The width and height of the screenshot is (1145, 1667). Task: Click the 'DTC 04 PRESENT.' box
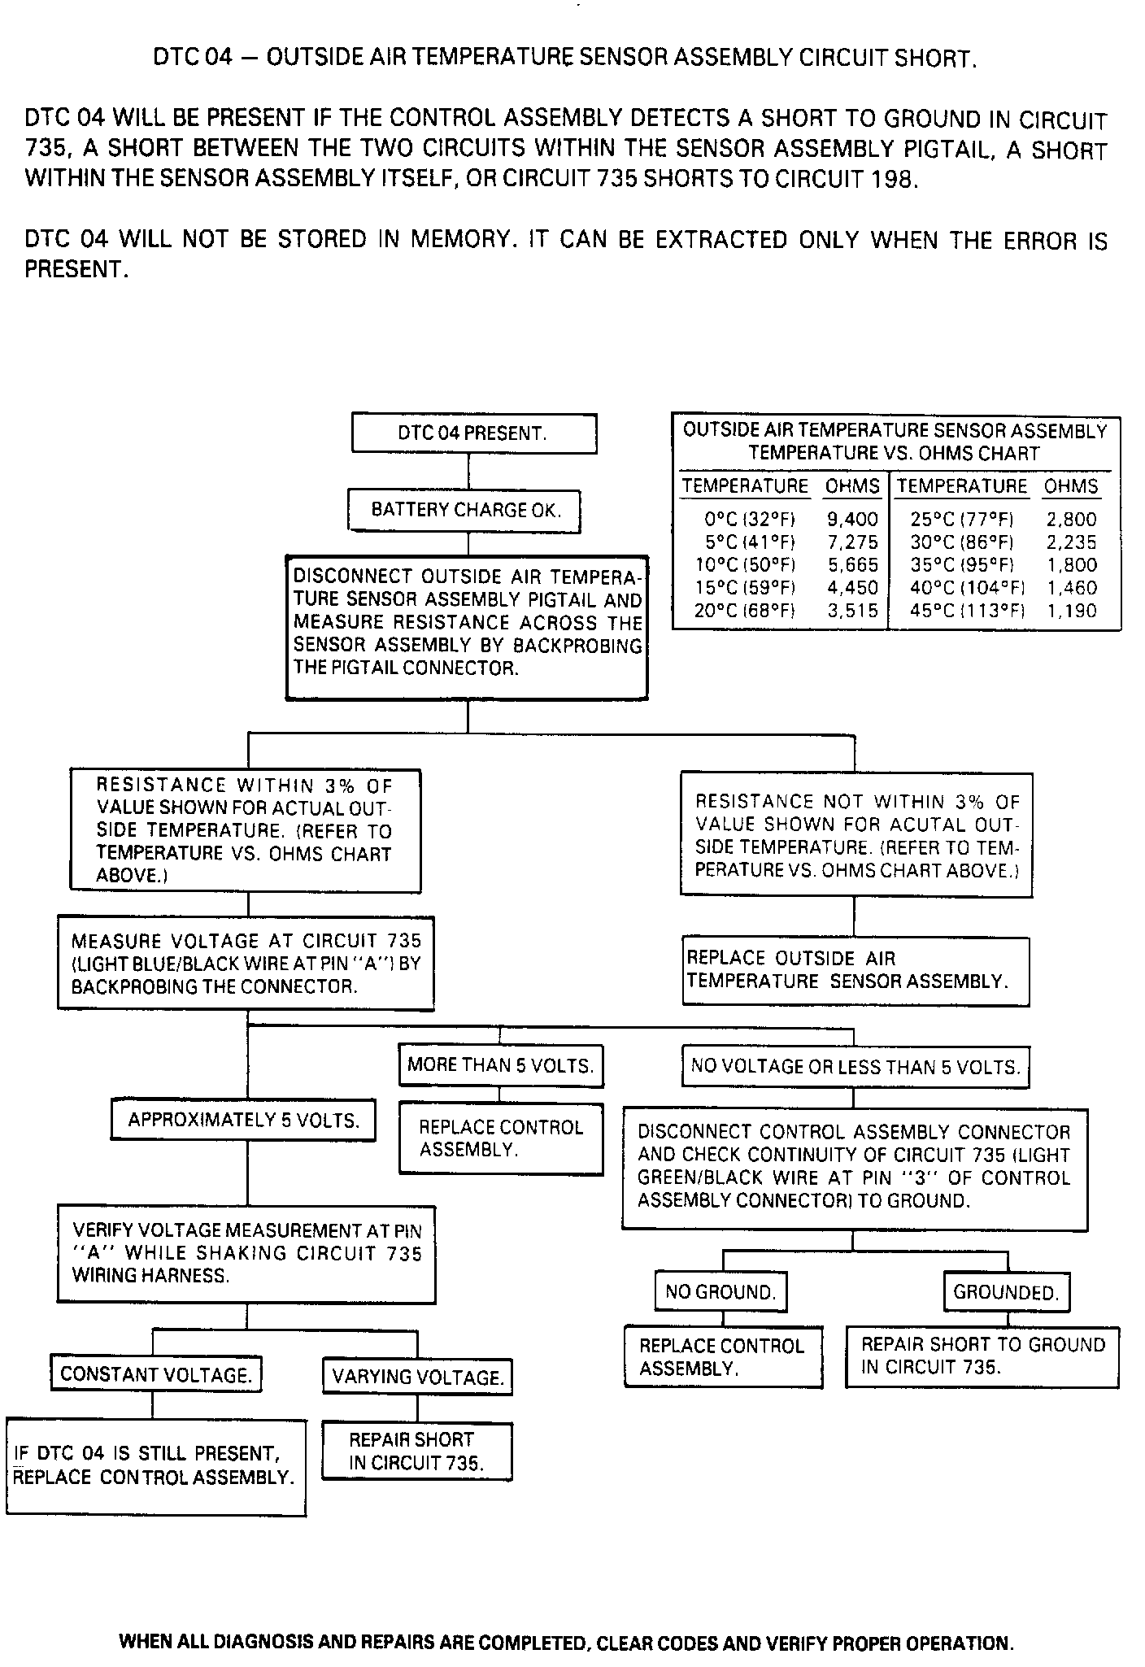473,433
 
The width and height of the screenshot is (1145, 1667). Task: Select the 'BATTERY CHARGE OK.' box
464,510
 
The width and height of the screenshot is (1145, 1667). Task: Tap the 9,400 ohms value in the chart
852,519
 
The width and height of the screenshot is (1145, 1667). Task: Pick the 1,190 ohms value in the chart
1072,611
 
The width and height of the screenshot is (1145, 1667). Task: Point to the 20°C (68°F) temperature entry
744,611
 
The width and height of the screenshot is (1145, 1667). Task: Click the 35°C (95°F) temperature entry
962,565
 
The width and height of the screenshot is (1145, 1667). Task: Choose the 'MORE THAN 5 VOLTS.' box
500,1065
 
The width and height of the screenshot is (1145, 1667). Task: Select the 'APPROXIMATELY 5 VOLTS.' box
243,1121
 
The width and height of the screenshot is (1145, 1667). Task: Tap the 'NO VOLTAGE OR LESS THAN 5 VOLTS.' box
855,1067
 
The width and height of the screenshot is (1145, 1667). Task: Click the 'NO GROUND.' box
721,1292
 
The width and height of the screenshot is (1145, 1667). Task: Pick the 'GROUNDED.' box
1006,1293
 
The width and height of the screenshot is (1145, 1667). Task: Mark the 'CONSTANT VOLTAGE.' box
155,1375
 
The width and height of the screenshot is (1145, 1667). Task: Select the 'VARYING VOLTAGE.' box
418,1378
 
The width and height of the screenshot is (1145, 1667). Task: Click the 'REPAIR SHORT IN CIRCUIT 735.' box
417,1452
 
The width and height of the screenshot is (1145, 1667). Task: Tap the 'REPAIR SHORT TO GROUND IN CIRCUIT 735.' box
982,1356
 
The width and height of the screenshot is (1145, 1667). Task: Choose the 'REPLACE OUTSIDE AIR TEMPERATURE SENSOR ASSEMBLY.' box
855,970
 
